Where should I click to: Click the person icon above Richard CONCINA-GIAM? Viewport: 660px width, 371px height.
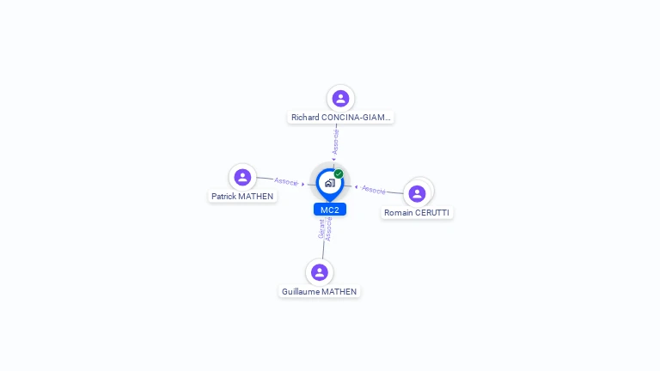(x=340, y=99)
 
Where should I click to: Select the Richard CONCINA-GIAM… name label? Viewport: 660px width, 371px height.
(x=340, y=118)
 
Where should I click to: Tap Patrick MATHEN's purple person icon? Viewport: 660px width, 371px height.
(x=242, y=178)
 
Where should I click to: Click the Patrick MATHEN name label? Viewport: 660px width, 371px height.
(x=242, y=197)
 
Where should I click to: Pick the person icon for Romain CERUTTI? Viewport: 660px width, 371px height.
(x=417, y=193)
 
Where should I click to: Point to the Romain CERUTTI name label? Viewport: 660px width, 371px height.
(x=417, y=212)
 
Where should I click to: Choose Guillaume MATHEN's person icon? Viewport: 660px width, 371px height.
(x=320, y=272)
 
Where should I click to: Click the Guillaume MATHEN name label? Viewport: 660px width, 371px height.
(x=320, y=292)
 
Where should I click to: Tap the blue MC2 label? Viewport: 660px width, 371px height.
(x=330, y=210)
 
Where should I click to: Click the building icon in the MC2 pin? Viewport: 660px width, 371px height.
(x=329, y=183)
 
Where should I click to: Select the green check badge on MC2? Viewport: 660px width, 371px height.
(x=339, y=174)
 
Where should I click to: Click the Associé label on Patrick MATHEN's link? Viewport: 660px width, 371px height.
(x=286, y=181)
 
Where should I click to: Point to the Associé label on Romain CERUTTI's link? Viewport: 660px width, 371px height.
(x=374, y=189)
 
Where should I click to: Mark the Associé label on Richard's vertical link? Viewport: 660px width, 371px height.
(x=336, y=142)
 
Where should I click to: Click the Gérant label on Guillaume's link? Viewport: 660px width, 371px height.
(x=321, y=229)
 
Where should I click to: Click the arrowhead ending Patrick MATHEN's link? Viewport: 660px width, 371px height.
(x=303, y=183)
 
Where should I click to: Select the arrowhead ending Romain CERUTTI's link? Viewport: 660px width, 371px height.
(x=357, y=186)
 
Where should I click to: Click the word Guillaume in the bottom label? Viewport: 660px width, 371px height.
(x=300, y=292)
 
